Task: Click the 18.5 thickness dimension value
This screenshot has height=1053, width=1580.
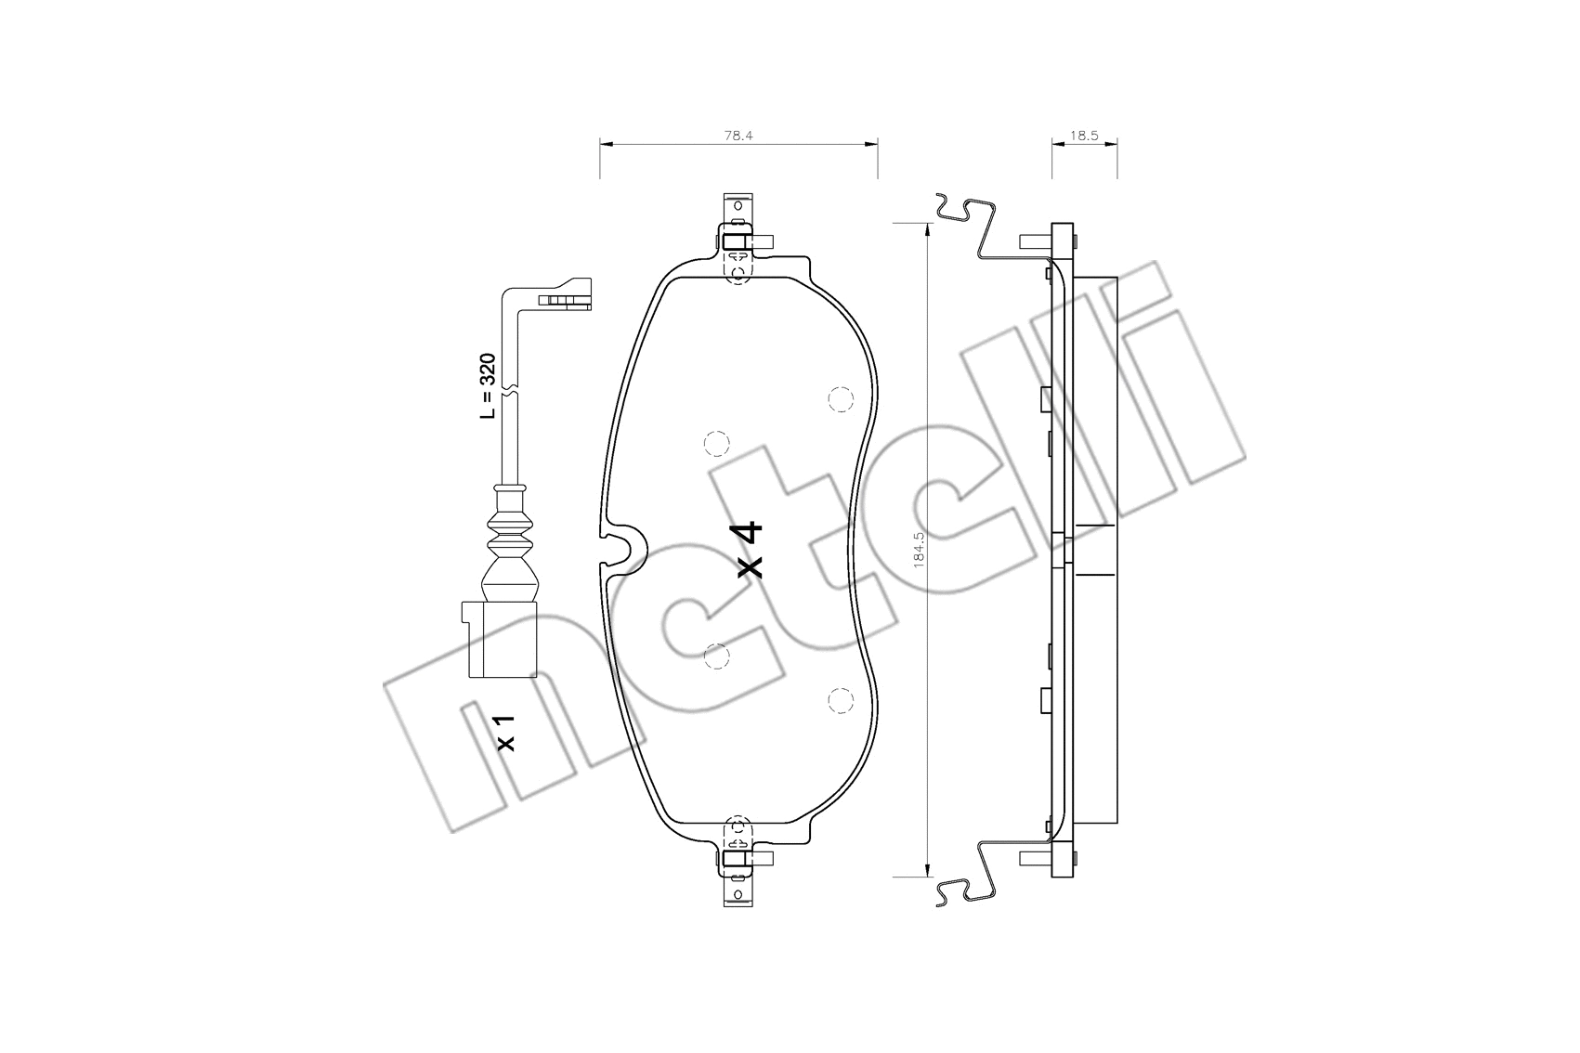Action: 1084,136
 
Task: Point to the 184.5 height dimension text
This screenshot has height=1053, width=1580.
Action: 919,550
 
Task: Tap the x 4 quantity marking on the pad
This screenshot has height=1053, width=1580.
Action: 750,550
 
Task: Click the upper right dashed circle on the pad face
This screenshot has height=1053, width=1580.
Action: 840,398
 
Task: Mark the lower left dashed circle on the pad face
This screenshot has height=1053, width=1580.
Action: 716,656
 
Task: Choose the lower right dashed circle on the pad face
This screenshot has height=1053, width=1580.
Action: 840,701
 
